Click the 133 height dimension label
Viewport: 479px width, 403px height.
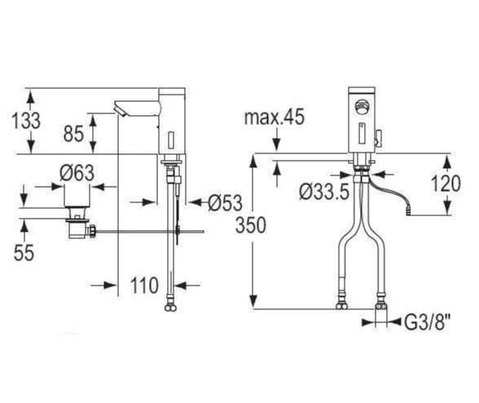point(26,121)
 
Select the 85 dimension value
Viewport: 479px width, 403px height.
point(73,134)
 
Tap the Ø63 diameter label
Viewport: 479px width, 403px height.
point(77,173)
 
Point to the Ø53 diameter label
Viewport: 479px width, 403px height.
point(226,202)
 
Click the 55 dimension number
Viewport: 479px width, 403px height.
point(24,253)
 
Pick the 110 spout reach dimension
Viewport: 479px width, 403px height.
point(144,286)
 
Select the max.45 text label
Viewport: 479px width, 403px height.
point(275,117)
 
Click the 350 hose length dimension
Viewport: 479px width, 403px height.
point(251,225)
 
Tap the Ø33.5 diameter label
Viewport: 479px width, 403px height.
point(324,193)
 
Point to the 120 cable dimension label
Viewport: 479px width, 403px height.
point(446,184)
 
